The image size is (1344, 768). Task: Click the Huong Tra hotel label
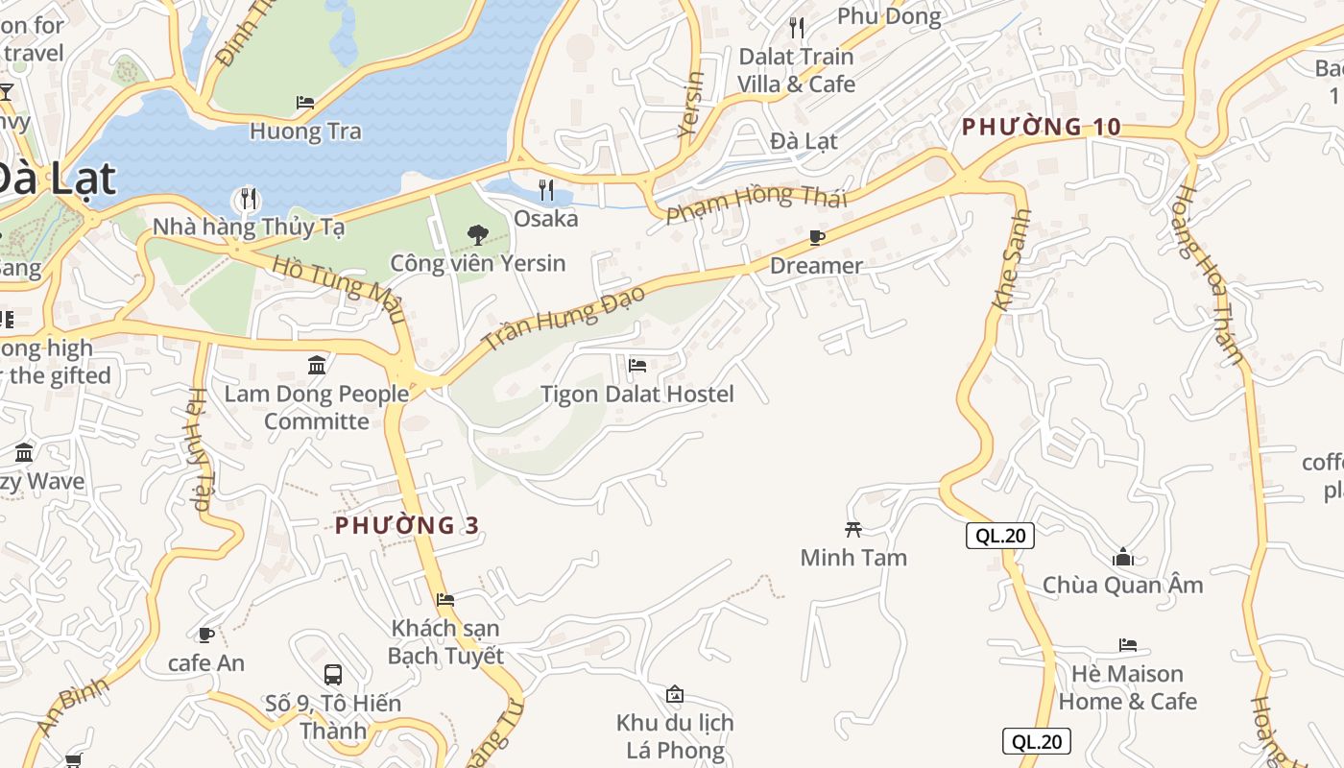pyautogui.click(x=305, y=132)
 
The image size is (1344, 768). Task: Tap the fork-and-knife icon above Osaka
pyautogui.click(x=546, y=189)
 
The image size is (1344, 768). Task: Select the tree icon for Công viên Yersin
pyautogui.click(x=477, y=234)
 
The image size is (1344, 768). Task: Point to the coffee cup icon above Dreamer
pyautogui.click(x=817, y=237)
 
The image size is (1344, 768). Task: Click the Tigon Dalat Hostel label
pyautogui.click(x=636, y=394)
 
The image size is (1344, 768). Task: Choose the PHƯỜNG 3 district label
pyautogui.click(x=407, y=525)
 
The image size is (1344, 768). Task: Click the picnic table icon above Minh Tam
pyautogui.click(x=852, y=528)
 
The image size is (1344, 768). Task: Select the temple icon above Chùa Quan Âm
pyautogui.click(x=1122, y=556)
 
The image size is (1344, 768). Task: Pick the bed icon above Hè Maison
pyautogui.click(x=1128, y=645)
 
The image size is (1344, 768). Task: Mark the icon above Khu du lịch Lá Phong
pyautogui.click(x=675, y=694)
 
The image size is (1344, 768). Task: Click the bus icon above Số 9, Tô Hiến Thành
pyautogui.click(x=333, y=674)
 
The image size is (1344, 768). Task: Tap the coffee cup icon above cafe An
pyautogui.click(x=205, y=635)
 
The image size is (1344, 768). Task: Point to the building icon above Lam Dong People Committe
pyautogui.click(x=317, y=365)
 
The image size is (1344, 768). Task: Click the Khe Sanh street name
pyautogui.click(x=1013, y=260)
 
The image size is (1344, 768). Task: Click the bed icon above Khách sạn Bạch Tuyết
pyautogui.click(x=445, y=600)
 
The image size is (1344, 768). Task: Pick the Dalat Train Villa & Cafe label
pyautogui.click(x=796, y=70)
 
